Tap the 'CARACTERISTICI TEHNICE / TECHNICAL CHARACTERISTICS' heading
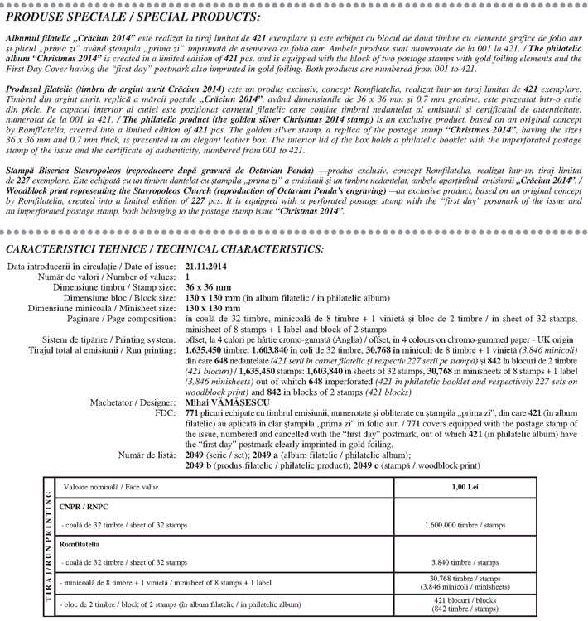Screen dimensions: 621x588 165,249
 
